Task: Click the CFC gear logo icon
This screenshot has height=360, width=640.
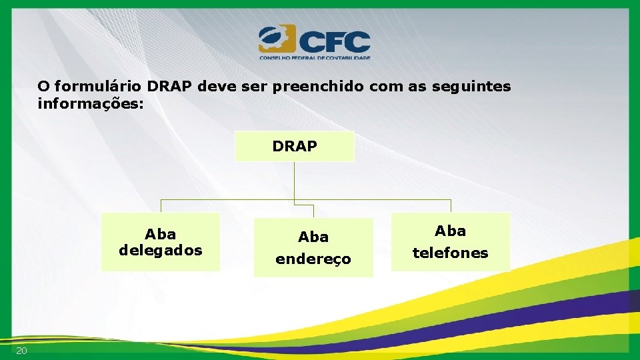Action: pos(276,39)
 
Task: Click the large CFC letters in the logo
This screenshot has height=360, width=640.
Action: pos(333,41)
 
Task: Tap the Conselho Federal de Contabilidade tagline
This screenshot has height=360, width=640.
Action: pos(315,58)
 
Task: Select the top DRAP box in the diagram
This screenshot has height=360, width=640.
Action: pos(295,146)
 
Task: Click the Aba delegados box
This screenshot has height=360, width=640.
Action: pos(161,242)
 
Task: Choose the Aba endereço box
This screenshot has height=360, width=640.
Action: pos(313,247)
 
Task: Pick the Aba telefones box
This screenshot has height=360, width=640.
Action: pos(451,242)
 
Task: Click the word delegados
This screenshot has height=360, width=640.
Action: pos(161,250)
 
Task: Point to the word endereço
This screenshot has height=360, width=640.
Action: pos(313,259)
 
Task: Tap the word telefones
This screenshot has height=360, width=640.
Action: pos(451,253)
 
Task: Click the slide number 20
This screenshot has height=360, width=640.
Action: pos(21,351)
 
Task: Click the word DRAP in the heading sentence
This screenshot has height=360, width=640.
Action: pos(170,87)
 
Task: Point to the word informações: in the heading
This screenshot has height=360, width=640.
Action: pos(91,104)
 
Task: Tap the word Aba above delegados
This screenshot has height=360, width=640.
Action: pos(161,234)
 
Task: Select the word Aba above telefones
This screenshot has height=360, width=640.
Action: pos(451,231)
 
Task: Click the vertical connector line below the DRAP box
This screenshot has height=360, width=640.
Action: pos(295,180)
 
